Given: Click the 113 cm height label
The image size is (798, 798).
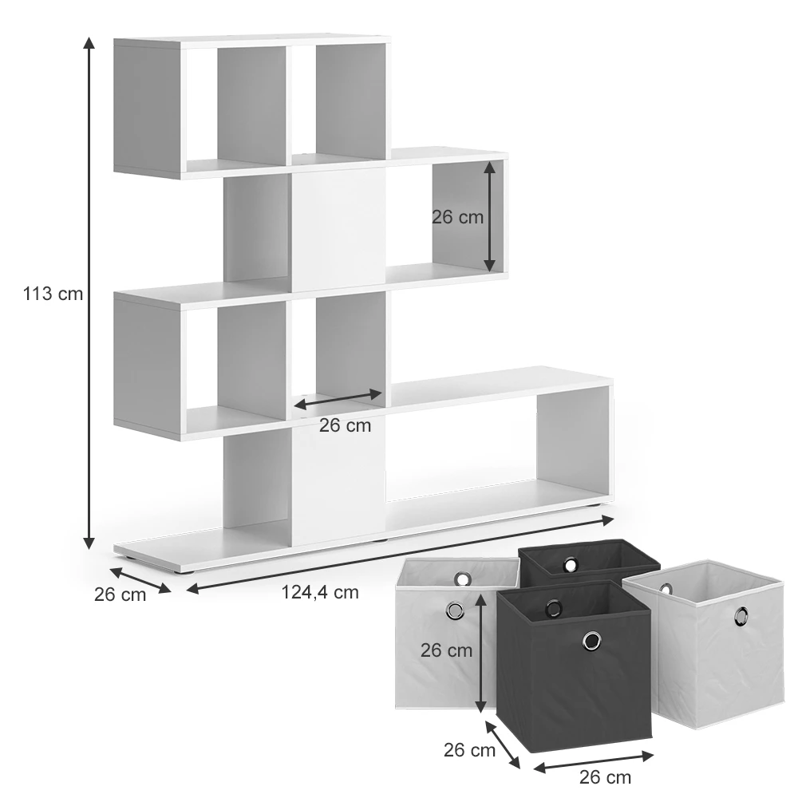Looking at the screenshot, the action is [53, 294].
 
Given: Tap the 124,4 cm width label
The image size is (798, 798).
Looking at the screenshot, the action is [320, 592].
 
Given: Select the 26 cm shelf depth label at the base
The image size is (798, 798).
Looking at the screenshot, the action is [120, 595].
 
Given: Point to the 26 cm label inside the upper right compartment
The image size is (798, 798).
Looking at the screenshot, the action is [457, 217].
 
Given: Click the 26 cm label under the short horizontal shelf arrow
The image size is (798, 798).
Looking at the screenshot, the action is [345, 425].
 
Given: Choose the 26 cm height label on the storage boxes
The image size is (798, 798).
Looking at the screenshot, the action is [446, 650].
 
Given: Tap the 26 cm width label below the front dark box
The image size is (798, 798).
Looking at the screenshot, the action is [605, 777].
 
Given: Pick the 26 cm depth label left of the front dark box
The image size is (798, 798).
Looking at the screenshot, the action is [469, 750].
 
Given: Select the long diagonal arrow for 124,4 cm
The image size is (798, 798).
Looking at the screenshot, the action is [400, 555].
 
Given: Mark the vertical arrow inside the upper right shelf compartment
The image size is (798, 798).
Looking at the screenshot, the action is [489, 217].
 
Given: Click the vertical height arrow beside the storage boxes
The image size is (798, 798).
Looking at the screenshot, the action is [480, 654].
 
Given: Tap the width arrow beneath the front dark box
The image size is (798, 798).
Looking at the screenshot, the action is [593, 762].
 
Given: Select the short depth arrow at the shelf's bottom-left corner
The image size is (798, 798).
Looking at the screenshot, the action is [140, 581].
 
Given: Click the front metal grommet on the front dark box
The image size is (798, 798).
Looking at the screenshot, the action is [591, 641].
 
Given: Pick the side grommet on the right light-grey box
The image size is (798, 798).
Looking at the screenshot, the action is [741, 616].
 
